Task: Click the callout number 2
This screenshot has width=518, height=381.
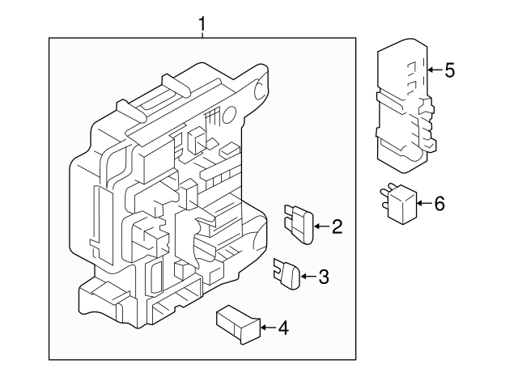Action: point(337,227)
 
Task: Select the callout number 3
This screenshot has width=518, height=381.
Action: point(323,278)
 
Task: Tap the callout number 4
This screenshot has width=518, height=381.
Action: point(282,328)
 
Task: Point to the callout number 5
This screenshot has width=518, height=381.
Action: point(450,70)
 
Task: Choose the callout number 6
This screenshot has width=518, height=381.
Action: point(439,203)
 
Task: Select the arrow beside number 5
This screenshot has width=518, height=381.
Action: point(433,70)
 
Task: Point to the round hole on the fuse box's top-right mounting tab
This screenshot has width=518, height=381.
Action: point(261,83)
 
